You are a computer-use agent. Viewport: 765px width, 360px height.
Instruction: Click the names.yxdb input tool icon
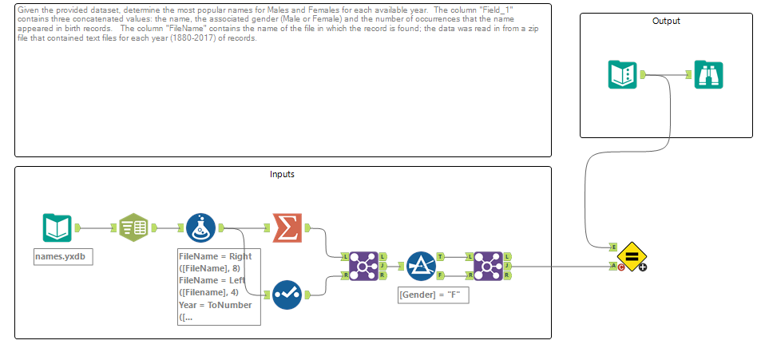[x=57, y=227]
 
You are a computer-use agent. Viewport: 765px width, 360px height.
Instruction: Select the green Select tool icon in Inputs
[x=133, y=227]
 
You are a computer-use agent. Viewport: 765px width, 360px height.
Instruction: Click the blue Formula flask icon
[x=200, y=227]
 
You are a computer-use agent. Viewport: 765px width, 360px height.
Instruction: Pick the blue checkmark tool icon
[x=287, y=295]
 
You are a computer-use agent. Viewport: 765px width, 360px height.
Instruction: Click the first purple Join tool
[x=364, y=266]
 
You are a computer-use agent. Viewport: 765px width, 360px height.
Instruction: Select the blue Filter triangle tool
[x=420, y=266]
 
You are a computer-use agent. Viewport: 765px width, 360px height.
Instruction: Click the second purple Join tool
[x=487, y=266]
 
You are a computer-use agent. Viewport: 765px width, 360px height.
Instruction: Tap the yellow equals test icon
[x=630, y=256]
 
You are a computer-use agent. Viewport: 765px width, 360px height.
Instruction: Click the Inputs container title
[x=282, y=174]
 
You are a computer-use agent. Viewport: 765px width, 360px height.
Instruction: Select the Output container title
[x=665, y=21]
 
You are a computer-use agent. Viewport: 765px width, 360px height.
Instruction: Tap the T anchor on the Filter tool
[x=441, y=257]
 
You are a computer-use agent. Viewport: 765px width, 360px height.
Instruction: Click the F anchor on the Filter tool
[x=441, y=275]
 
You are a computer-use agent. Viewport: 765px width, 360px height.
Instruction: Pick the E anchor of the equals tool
[x=612, y=247]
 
